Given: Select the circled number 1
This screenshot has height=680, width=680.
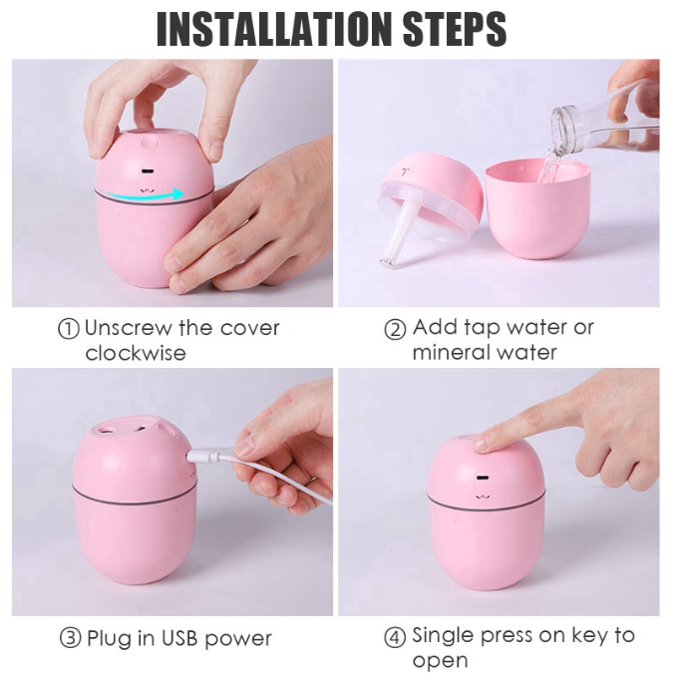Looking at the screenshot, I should tap(69, 329).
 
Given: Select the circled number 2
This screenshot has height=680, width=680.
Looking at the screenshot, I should tap(396, 329).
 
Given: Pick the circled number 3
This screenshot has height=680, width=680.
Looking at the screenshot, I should tap(69, 638).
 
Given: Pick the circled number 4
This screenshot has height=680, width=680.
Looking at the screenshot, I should tap(396, 636).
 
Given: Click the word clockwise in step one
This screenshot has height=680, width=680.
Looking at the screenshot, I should tap(135, 353).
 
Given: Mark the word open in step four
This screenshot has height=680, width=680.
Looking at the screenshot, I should tap(441, 660).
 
